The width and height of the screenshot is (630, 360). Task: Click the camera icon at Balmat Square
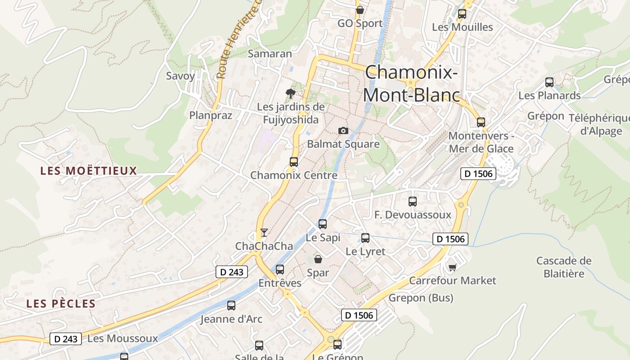[x=343, y=130]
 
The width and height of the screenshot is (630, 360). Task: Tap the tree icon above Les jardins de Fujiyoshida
[x=291, y=94]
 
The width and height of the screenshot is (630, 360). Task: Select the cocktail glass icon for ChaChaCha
[x=264, y=233]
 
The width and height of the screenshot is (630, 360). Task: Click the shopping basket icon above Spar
[x=318, y=259]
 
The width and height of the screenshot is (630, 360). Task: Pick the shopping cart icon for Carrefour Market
[x=452, y=267]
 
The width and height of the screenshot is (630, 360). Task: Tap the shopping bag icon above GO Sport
[x=360, y=9]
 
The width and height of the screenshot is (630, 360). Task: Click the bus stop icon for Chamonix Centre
[x=294, y=162]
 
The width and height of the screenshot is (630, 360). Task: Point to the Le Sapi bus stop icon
[x=323, y=224]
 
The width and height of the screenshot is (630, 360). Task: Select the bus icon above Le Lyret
[x=365, y=238]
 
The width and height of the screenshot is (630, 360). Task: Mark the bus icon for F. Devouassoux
[x=413, y=202]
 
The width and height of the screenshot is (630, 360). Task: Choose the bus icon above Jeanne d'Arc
[x=231, y=306]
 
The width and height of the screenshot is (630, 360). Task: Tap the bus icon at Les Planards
[x=549, y=82]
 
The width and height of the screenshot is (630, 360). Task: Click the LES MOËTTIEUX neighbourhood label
[x=89, y=171]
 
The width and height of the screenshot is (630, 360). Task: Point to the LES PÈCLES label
[x=61, y=304]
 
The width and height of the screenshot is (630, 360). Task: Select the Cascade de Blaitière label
[x=564, y=267]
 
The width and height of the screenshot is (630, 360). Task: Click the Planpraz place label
[x=211, y=116]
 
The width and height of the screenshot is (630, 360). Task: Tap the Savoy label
[x=180, y=76]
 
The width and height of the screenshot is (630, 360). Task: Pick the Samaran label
[x=270, y=54]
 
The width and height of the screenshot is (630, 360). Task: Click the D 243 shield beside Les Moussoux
[x=66, y=339]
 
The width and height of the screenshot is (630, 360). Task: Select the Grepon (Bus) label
[x=421, y=298]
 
